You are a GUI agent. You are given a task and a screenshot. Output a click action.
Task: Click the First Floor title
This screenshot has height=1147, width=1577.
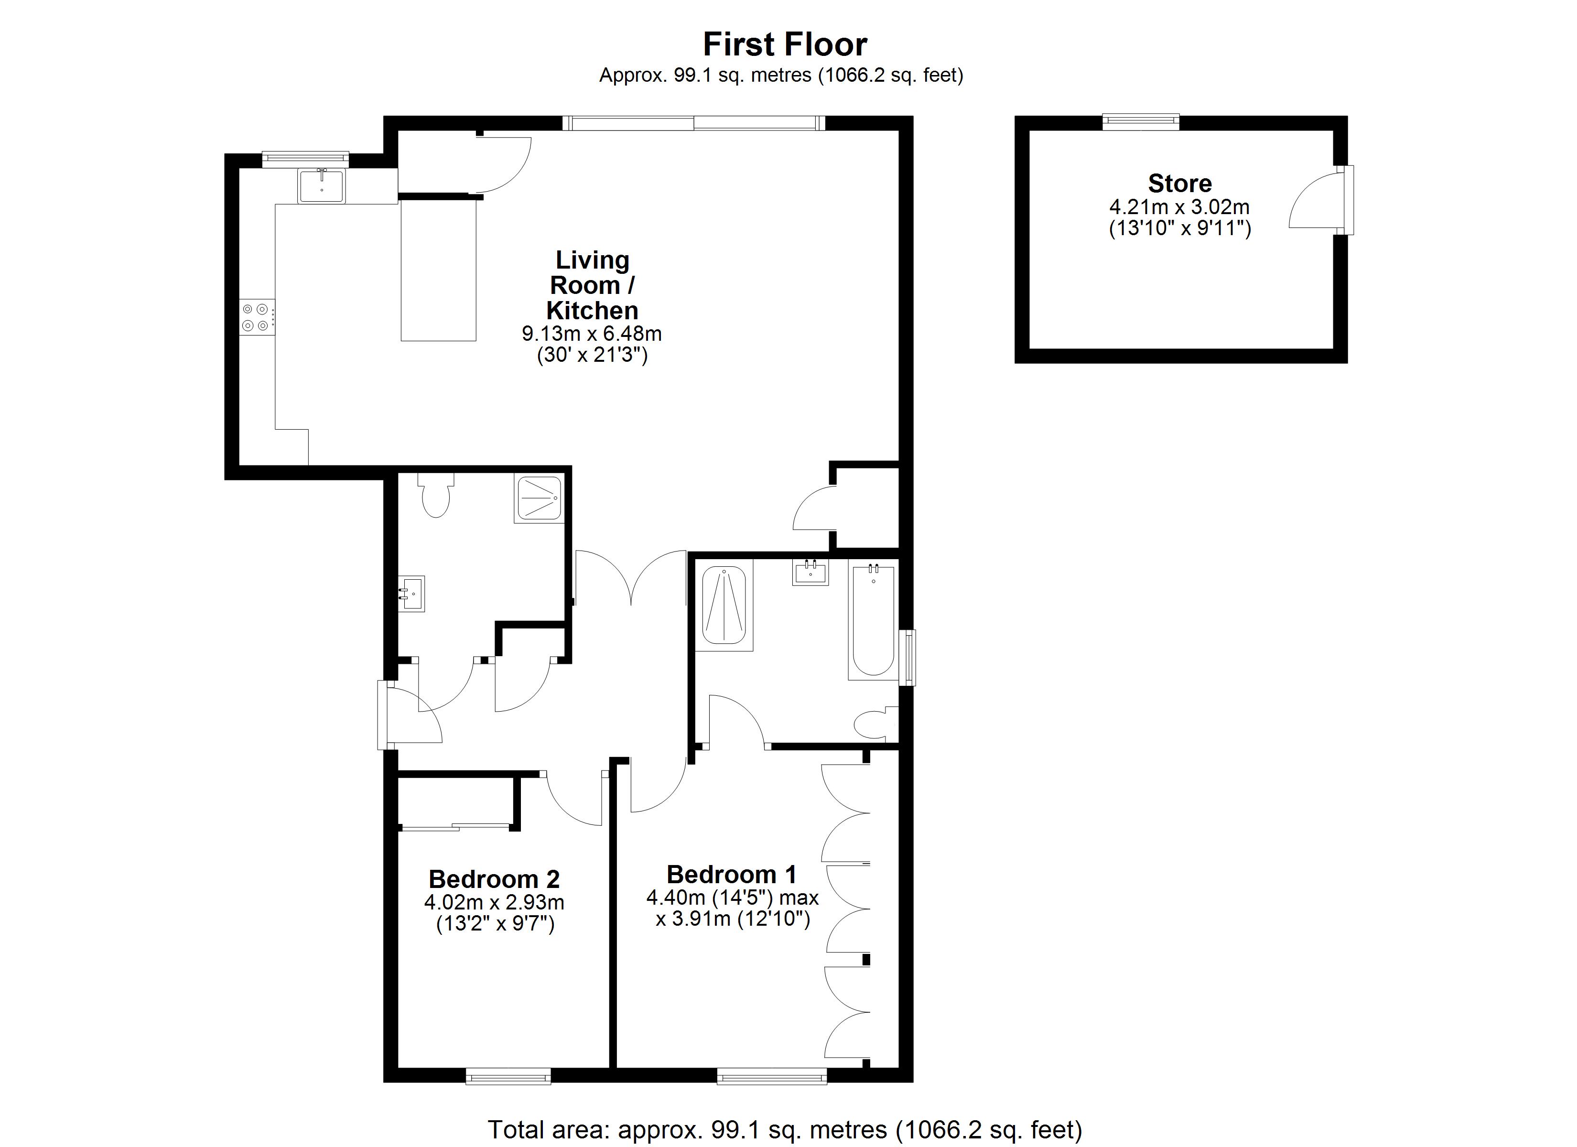click(785, 44)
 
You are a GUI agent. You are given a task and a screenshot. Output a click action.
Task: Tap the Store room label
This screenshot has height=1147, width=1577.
click(1179, 184)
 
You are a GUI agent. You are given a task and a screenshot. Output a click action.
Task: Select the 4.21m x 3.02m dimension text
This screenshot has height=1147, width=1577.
click(1179, 207)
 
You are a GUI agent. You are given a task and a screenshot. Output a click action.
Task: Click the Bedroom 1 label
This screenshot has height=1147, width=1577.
click(732, 874)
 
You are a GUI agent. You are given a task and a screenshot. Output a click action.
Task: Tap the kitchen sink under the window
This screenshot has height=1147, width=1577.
click(321, 186)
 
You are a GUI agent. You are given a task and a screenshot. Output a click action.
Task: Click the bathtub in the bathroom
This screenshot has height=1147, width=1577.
click(874, 621)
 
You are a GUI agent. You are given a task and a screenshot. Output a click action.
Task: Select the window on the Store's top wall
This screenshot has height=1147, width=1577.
click(1141, 122)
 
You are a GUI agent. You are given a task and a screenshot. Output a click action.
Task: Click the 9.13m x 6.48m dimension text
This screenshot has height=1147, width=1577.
click(592, 334)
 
